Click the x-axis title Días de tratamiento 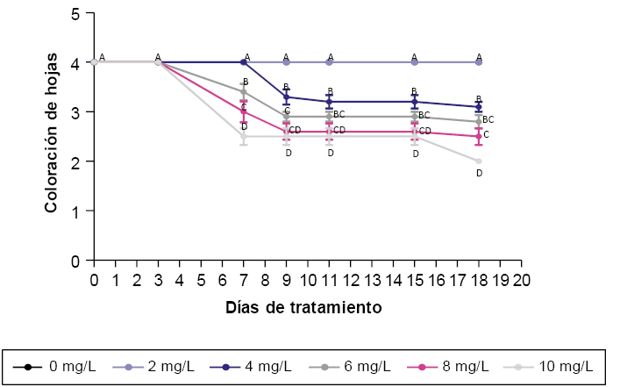[x=303, y=308]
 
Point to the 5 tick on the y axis [x=77, y=14]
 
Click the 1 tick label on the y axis [x=77, y=211]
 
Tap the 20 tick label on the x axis [x=522, y=281]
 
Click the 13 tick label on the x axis [x=372, y=281]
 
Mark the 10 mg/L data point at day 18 [x=479, y=161]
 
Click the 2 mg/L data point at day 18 [x=479, y=62]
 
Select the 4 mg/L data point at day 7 [x=244, y=62]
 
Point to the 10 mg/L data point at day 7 [x=244, y=137]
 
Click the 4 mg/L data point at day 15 [x=415, y=102]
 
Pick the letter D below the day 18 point [x=479, y=174]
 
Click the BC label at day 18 [x=488, y=119]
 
